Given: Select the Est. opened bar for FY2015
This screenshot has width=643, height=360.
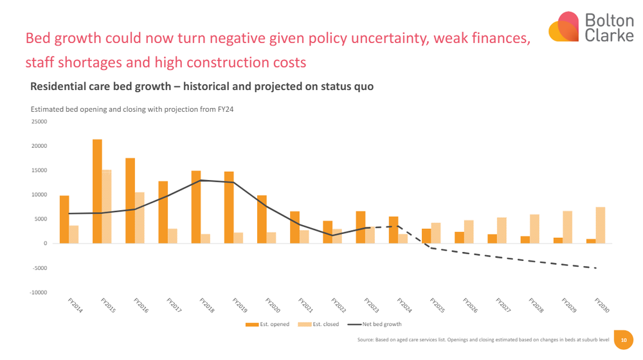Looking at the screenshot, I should coord(97,192).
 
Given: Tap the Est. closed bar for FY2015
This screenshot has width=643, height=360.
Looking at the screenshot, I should coord(107,206).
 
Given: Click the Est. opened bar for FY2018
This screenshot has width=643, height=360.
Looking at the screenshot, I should coord(196,207).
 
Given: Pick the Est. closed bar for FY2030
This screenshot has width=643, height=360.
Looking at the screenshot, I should coord(600,225).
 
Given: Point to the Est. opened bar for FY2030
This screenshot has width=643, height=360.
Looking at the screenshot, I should coord(590,241).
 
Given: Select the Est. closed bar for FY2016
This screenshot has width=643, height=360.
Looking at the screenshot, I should coord(140,218).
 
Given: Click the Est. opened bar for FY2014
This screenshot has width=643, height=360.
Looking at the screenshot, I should coord(64,219).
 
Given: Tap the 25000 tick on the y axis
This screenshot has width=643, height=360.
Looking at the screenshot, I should coord(39,122).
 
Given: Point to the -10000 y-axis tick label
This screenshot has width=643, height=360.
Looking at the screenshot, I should coord(37,292).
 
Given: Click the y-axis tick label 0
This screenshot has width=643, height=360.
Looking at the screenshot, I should coord(45,244).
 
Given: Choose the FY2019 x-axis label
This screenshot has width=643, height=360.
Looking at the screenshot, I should coord(240,305).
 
